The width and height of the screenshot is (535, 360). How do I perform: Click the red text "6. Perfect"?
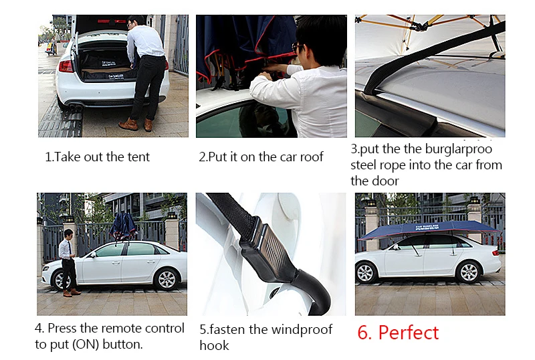point(398,333)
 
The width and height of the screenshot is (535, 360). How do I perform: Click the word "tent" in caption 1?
point(138,157)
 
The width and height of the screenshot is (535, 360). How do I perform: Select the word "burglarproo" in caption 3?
point(459,149)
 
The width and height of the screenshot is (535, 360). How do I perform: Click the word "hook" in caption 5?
point(214,345)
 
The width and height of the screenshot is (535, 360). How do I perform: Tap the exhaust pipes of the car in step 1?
point(75,108)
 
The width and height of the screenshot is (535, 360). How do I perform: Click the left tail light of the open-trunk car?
point(66,66)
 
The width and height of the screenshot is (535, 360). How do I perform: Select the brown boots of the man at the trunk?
point(136,124)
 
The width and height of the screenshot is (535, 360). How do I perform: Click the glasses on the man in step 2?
point(296,47)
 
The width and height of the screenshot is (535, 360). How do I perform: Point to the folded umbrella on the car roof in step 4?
point(123,226)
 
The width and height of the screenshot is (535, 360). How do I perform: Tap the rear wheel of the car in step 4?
point(167,280)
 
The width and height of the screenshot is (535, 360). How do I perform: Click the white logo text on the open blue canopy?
point(427,227)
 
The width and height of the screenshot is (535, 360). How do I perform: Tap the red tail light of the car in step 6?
point(495,253)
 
